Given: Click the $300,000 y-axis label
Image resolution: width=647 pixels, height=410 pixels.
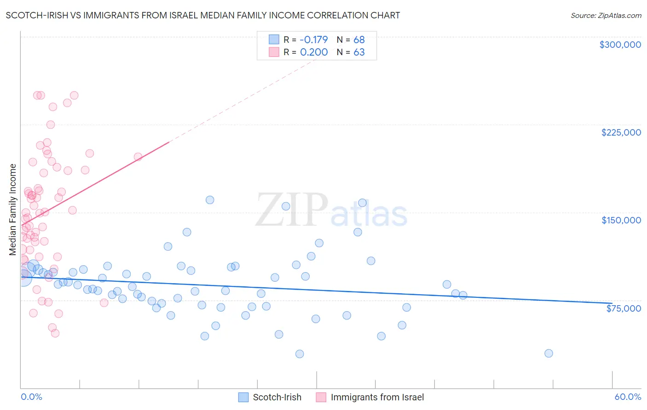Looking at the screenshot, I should (x=620, y=45).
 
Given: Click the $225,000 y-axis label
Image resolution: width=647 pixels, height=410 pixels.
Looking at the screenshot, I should (x=621, y=132).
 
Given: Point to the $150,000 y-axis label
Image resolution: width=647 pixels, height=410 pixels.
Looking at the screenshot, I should (x=621, y=220).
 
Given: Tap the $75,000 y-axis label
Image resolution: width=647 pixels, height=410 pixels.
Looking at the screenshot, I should (x=624, y=308).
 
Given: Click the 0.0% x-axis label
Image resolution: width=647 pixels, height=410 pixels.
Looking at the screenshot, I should (x=31, y=397).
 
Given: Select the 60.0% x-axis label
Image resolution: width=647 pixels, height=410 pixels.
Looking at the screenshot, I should (x=628, y=397).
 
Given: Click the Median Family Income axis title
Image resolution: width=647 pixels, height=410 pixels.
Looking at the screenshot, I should (x=13, y=210).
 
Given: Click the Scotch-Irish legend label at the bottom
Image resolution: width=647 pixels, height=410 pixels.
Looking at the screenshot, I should (x=277, y=398).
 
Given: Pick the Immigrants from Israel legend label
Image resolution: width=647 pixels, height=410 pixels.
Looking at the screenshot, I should (x=377, y=398).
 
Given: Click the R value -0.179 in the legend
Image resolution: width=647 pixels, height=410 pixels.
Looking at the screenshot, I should (x=314, y=40).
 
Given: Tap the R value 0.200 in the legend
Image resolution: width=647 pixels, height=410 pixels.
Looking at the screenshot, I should (x=314, y=52).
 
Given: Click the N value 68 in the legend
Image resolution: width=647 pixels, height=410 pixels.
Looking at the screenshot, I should (x=359, y=40).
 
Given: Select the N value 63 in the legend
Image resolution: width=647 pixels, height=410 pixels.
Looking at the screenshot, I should (x=359, y=52).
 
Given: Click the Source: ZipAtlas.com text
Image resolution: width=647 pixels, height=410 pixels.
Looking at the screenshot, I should (x=606, y=16).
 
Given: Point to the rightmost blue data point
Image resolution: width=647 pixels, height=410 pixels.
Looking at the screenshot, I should (x=549, y=353).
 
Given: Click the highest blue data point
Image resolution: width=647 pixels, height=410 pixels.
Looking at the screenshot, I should (x=210, y=200).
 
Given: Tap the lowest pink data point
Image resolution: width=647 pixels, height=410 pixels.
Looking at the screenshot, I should (x=55, y=333).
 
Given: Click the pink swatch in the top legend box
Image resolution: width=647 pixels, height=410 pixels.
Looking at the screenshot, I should (x=274, y=52).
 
